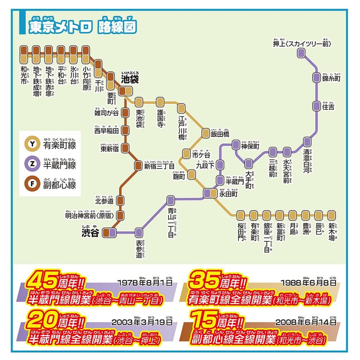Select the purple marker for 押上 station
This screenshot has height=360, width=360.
[301, 53]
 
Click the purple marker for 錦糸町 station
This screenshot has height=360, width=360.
[316, 77]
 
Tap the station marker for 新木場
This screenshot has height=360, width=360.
[332, 214]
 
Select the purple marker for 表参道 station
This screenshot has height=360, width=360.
[139, 232]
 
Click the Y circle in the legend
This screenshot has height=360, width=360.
[32, 143]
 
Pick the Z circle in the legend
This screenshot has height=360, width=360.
[32, 163]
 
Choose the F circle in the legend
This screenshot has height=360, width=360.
[32, 184]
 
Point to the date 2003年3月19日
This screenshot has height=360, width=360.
[142, 322]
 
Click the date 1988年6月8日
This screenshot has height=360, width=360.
[308, 282]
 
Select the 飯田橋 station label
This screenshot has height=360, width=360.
[220, 134]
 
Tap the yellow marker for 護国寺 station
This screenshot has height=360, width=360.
[160, 102]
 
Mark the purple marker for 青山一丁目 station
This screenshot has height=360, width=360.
[171, 200]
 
